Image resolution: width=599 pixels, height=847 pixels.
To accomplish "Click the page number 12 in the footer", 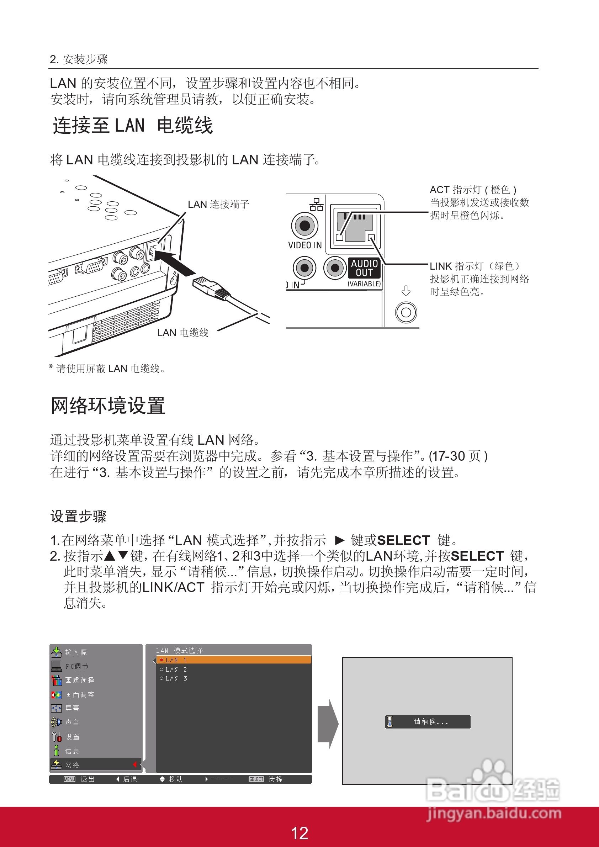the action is tap(299, 833).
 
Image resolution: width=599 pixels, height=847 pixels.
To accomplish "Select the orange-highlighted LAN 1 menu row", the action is tap(233, 660).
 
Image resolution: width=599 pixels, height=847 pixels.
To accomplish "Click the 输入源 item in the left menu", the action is tap(76, 652).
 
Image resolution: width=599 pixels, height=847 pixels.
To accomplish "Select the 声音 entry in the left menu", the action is tap(72, 722).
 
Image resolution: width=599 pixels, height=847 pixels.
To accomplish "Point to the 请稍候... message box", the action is tap(428, 721).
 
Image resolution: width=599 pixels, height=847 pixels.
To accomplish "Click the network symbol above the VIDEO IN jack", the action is tap(316, 205).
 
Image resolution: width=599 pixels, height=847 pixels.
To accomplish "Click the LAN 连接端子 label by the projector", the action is tap(218, 205).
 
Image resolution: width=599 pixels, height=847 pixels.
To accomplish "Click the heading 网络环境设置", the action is tap(108, 406).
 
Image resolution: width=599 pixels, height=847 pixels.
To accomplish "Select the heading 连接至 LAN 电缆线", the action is tap(133, 126).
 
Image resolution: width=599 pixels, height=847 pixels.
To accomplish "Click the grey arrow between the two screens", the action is tap(328, 724).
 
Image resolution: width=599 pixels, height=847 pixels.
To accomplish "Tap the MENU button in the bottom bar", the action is tap(69, 779).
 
